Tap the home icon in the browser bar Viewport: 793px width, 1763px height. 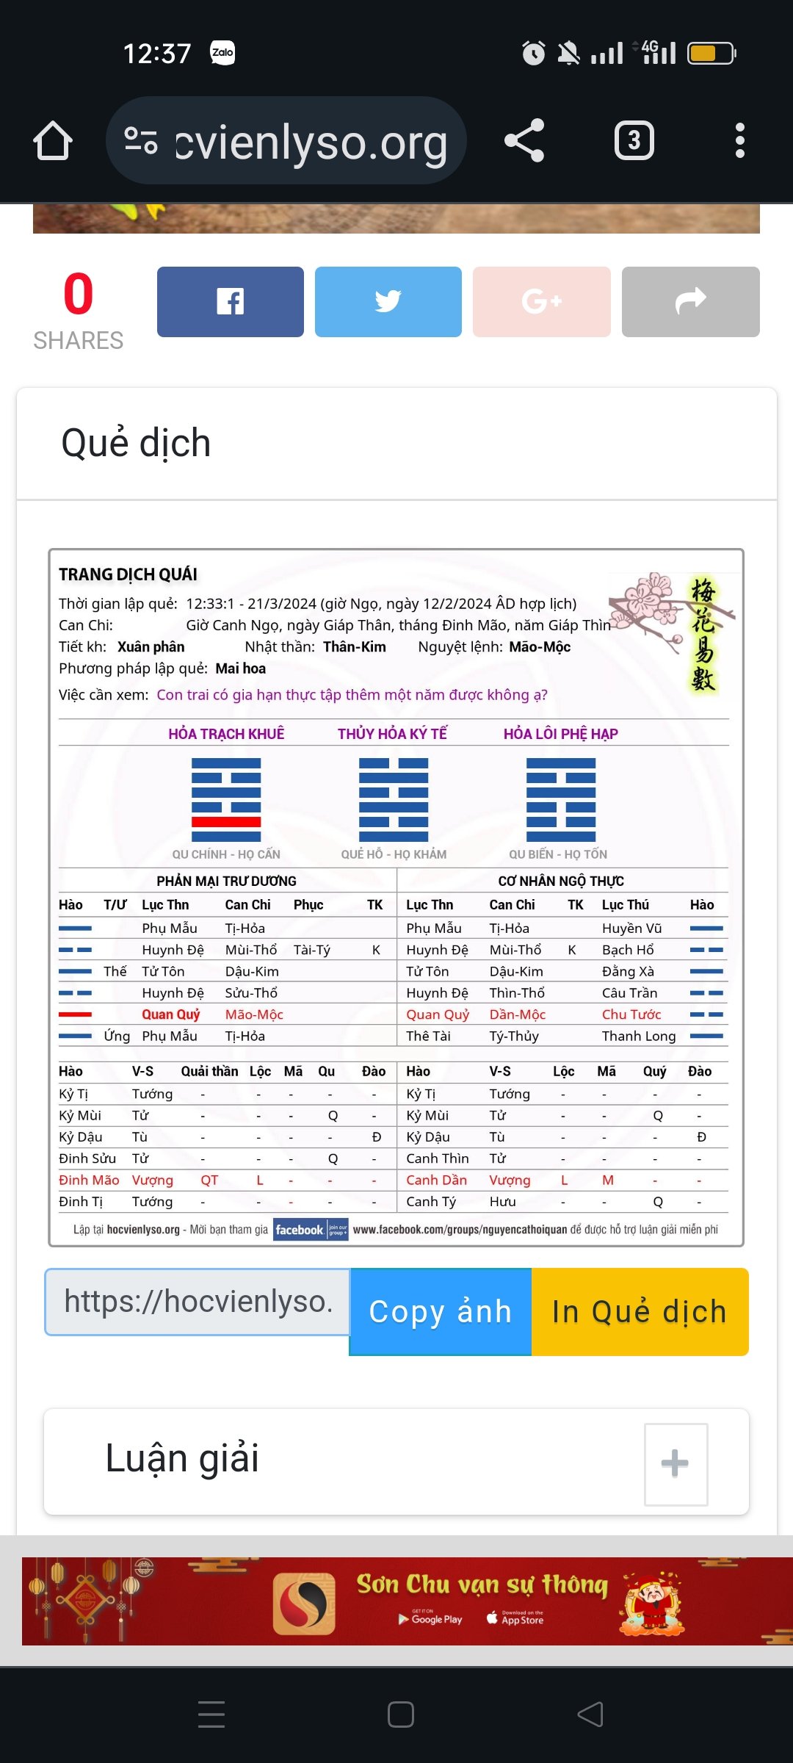pyautogui.click(x=53, y=140)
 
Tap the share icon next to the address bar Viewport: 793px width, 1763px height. pyautogui.click(x=524, y=140)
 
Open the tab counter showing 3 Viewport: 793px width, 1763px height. pyautogui.click(x=634, y=140)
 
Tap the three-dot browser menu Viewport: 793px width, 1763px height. pyautogui.click(x=739, y=140)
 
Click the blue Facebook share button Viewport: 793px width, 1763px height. pyautogui.click(x=230, y=302)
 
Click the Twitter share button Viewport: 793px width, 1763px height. pyautogui.click(x=388, y=302)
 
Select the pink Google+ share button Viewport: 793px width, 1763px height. pyautogui.click(x=541, y=302)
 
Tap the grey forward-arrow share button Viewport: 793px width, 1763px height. pyautogui.click(x=690, y=302)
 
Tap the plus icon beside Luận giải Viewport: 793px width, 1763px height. pyautogui.click(x=676, y=1463)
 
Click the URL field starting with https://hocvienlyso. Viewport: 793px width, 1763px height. pyautogui.click(x=198, y=1302)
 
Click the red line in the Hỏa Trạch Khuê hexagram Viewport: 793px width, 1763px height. pyautogui.click(x=226, y=822)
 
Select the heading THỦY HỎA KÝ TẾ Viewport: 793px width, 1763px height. pyautogui.click(x=392, y=734)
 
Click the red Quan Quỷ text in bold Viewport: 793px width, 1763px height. pyautogui.click(x=170, y=1014)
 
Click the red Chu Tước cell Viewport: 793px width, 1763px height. pyautogui.click(x=631, y=1014)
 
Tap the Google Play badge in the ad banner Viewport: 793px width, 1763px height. pyautogui.click(x=430, y=1619)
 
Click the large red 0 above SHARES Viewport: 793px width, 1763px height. pyautogui.click(x=78, y=295)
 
